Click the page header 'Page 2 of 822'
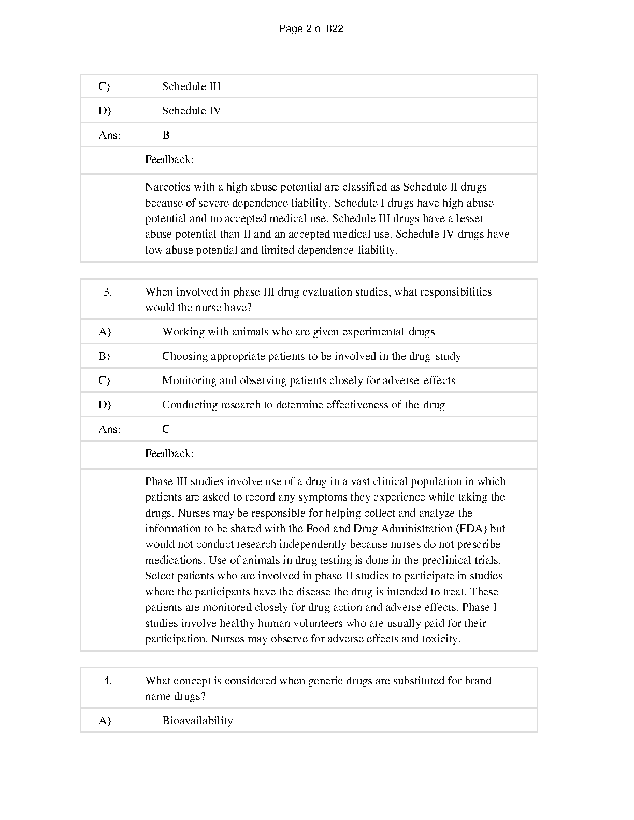pyautogui.click(x=311, y=29)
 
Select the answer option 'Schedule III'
pyautogui.click(x=191, y=86)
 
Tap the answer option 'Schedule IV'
pyautogui.click(x=191, y=111)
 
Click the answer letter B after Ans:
pyautogui.click(x=166, y=135)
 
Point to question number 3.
pyautogui.click(x=107, y=292)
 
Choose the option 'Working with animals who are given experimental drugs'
pyautogui.click(x=298, y=332)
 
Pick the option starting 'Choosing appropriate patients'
pyautogui.click(x=311, y=356)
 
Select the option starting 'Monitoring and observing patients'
pyautogui.click(x=309, y=380)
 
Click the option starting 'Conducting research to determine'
pyautogui.click(x=304, y=405)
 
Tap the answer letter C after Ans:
pyautogui.click(x=166, y=429)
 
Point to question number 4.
pyautogui.click(x=107, y=681)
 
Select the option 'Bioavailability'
pyautogui.click(x=197, y=721)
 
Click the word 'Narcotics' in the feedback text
pyautogui.click(x=168, y=187)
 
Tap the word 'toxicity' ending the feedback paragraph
pyautogui.click(x=440, y=639)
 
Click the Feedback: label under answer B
pyautogui.click(x=169, y=159)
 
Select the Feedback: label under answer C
pyautogui.click(x=169, y=453)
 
